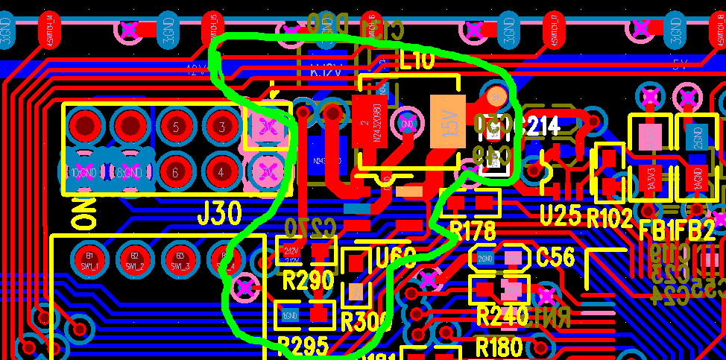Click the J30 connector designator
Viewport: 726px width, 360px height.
220,214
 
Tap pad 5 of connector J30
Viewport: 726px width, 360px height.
176,127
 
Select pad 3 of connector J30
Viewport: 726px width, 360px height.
221,127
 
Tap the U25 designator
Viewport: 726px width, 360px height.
559,216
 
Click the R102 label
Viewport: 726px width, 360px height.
609,217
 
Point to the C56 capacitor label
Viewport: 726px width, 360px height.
555,258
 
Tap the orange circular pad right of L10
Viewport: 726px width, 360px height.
496,95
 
